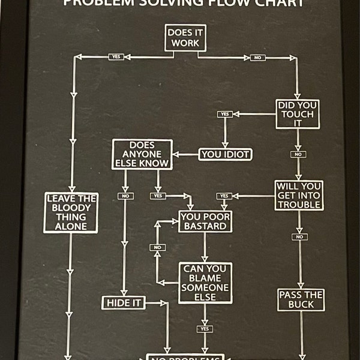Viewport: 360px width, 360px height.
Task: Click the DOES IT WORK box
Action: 185,38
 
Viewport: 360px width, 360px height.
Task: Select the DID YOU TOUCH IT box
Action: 298,114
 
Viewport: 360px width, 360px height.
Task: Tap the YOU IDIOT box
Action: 225,154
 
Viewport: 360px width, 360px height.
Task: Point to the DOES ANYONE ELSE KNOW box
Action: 142,154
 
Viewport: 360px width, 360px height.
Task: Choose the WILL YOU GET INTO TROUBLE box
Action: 299,195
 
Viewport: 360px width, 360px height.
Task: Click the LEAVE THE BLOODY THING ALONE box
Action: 71,212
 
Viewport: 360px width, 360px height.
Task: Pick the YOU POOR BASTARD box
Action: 205,221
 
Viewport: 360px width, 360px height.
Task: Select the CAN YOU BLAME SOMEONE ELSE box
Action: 205,283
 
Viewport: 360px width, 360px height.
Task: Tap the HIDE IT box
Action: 123,303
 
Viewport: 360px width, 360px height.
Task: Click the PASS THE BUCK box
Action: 301,299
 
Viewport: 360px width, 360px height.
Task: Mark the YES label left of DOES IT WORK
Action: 116,57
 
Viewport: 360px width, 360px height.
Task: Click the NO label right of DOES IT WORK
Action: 257,58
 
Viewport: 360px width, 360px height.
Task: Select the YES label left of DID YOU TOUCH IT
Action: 225,114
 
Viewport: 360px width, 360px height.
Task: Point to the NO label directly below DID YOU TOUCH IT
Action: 298,154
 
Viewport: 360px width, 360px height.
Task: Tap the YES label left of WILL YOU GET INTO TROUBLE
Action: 224,196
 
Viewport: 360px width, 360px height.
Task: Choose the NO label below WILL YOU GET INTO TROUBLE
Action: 299,236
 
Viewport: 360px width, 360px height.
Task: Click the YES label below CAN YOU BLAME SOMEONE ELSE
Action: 205,329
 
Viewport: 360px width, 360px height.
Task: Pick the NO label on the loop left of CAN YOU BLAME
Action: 158,247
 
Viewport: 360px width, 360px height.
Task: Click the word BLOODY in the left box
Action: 71,207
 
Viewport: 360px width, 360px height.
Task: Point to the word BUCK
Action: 301,305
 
